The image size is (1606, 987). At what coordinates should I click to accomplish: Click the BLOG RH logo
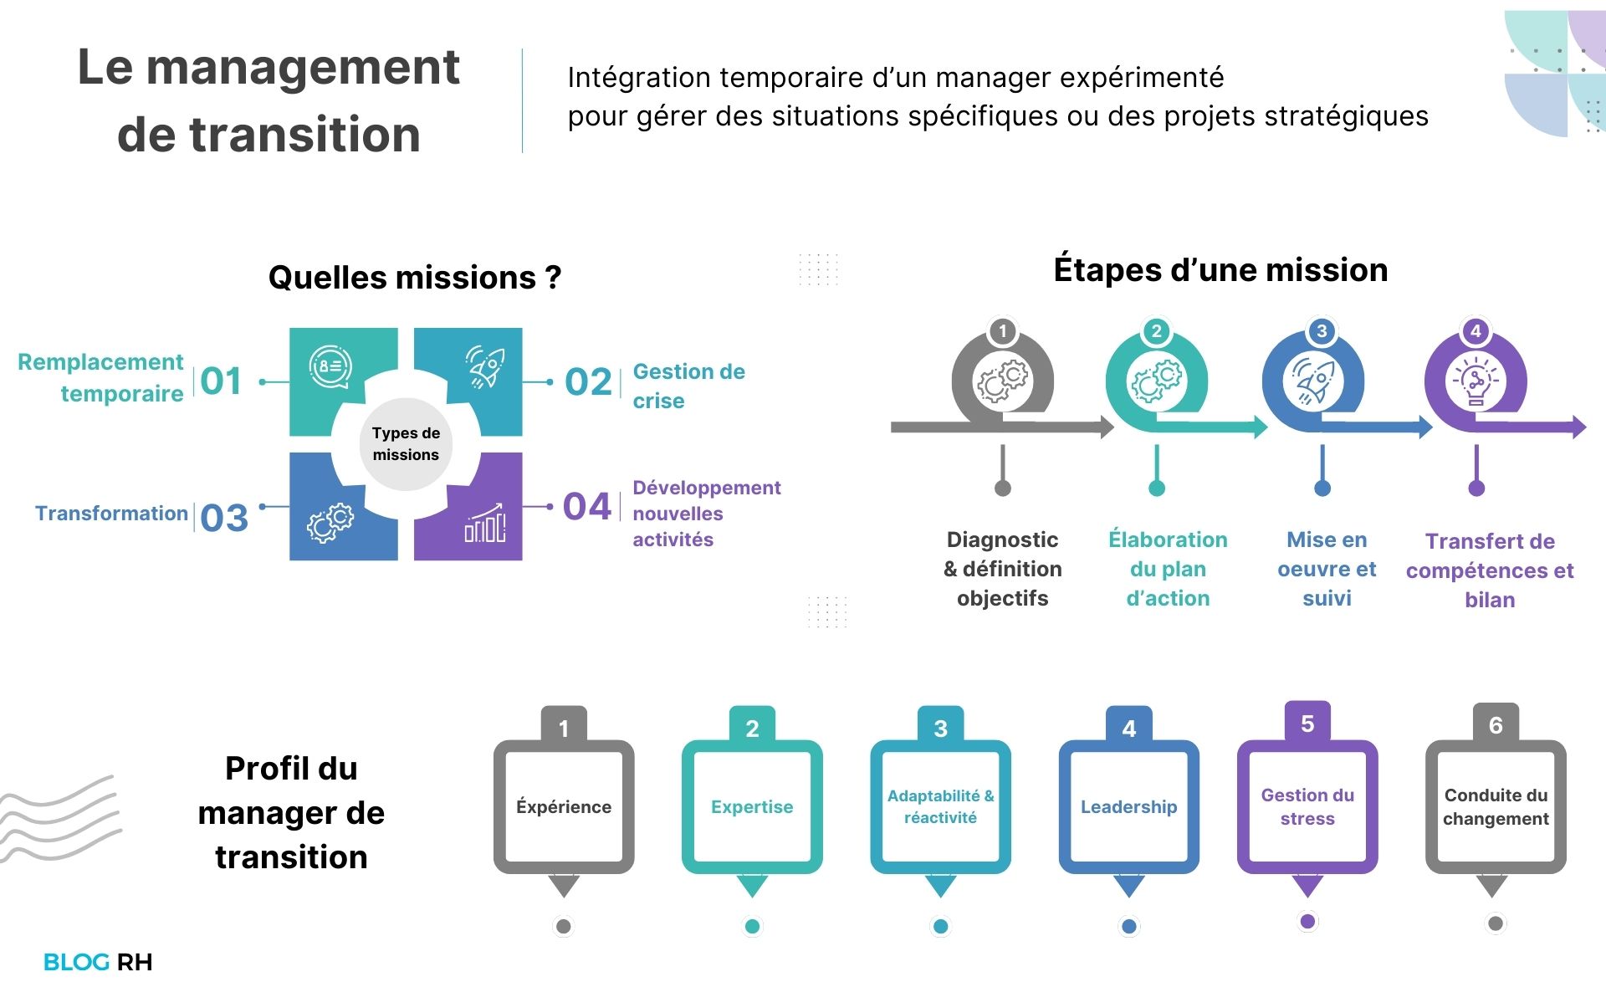point(98,962)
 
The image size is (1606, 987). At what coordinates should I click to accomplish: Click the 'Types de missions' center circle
point(406,444)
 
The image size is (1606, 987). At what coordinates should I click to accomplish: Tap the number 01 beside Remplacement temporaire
point(221,381)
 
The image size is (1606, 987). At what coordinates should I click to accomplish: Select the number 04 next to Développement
point(587,507)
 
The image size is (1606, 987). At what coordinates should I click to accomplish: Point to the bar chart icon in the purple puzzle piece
point(485,523)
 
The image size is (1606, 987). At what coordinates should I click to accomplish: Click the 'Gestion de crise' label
point(688,386)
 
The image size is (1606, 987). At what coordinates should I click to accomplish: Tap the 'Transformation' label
point(111,513)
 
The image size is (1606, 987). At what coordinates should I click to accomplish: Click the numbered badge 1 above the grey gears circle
point(1002,331)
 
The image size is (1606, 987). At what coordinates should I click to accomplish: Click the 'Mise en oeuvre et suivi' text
point(1327,569)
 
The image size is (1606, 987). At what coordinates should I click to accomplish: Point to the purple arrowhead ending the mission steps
point(1579,427)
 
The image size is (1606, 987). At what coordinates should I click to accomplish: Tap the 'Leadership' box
point(1128,806)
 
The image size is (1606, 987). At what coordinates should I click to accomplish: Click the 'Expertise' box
point(752,806)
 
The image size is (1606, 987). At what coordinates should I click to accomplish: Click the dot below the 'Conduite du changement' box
point(1496,923)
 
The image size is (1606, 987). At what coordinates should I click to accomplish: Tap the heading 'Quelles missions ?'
point(415,278)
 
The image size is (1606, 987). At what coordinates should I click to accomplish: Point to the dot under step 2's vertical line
point(1157,488)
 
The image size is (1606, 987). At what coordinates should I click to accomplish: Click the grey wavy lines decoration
point(60,818)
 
